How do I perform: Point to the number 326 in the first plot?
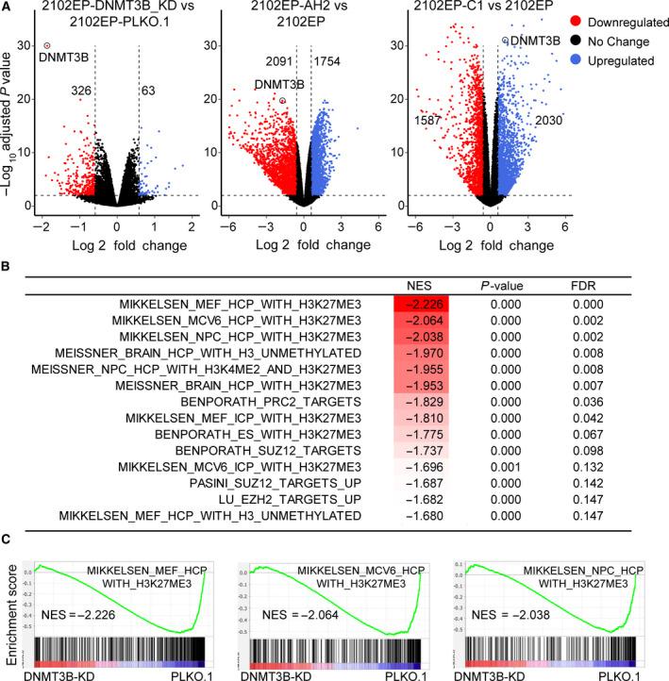[80, 91]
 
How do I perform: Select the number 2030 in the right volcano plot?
[549, 121]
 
